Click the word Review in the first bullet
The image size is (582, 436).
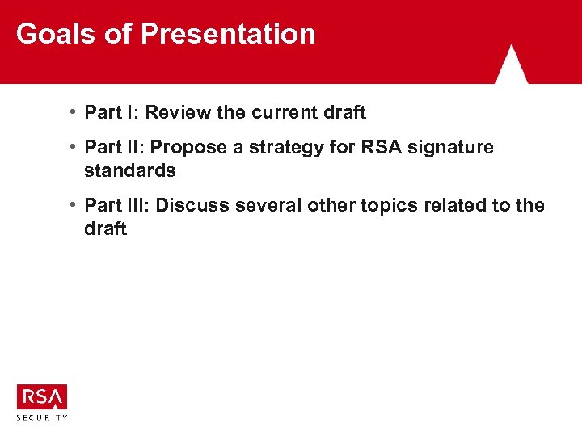pyautogui.click(x=179, y=112)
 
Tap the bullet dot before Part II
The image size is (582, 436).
pyautogui.click(x=74, y=147)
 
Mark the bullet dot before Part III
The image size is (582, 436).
pyautogui.click(x=74, y=205)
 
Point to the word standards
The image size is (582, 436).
pyautogui.click(x=129, y=170)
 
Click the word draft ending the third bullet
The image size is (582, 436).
pyautogui.click(x=105, y=228)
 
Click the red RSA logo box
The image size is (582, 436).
pyautogui.click(x=42, y=397)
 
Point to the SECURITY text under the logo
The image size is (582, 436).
pyautogui.click(x=42, y=417)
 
